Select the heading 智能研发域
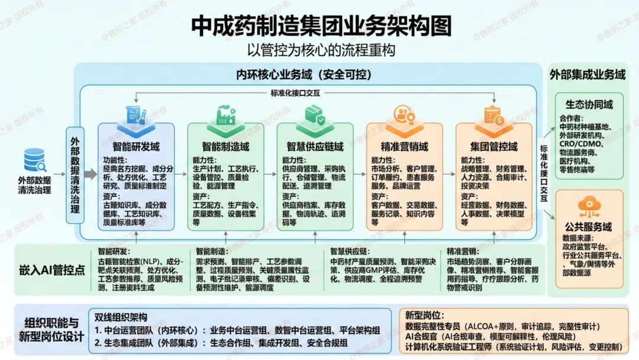click(x=136, y=146)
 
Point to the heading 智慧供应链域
click(x=315, y=146)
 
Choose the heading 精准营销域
click(x=404, y=146)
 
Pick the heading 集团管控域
click(x=493, y=146)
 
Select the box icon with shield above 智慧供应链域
click(x=315, y=115)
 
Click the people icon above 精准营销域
click(x=404, y=115)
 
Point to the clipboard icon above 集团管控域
click(x=493, y=115)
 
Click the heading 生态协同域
click(x=589, y=104)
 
